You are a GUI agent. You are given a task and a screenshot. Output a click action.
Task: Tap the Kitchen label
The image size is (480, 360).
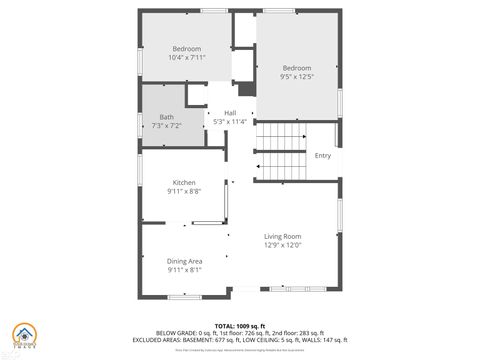(x=184, y=183)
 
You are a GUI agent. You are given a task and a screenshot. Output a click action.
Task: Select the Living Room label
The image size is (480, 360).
(x=283, y=237)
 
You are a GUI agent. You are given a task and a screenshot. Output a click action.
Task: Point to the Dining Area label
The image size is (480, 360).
(x=184, y=261)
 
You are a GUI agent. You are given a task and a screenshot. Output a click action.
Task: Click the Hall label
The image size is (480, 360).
(x=230, y=113)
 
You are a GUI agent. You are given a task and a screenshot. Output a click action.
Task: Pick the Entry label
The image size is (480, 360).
(x=322, y=156)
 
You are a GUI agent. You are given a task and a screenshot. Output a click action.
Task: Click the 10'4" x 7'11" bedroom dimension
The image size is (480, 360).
(x=187, y=57)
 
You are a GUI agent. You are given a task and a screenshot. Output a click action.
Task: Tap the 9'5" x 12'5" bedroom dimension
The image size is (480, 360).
(x=297, y=76)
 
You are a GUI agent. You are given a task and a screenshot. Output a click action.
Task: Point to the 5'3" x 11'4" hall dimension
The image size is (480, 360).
(x=230, y=122)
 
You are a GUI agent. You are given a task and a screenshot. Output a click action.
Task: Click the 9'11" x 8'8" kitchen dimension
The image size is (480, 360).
(x=184, y=192)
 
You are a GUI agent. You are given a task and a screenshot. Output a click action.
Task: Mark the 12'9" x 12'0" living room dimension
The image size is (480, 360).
(x=283, y=245)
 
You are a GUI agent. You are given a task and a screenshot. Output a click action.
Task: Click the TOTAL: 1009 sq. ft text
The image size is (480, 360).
(x=240, y=326)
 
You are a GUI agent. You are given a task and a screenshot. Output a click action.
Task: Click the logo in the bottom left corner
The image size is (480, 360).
(x=20, y=337)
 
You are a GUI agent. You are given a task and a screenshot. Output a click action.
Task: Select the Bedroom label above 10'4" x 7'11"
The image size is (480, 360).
(x=187, y=49)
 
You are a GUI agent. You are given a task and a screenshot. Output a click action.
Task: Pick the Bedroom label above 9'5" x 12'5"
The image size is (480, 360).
(x=297, y=68)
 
